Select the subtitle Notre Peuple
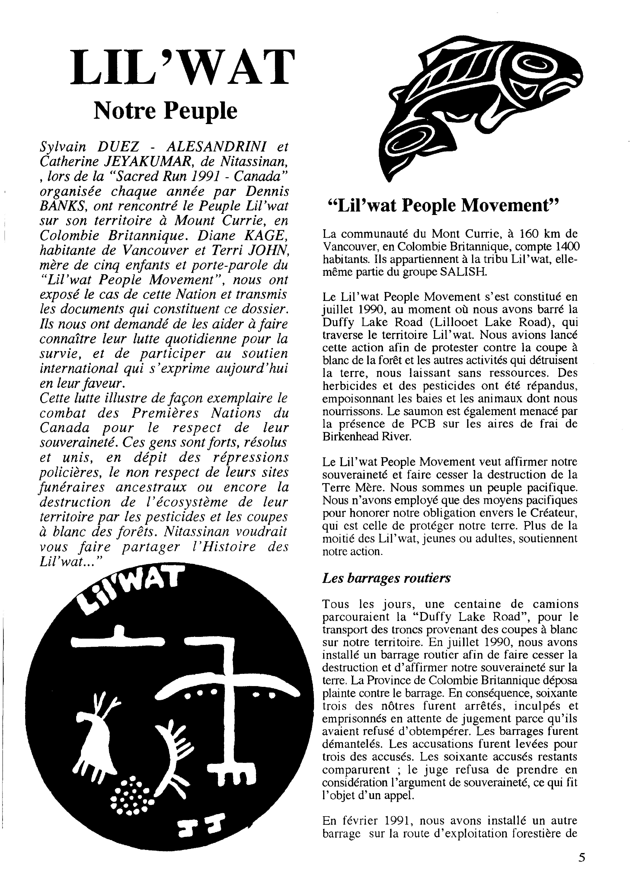click(x=165, y=111)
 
